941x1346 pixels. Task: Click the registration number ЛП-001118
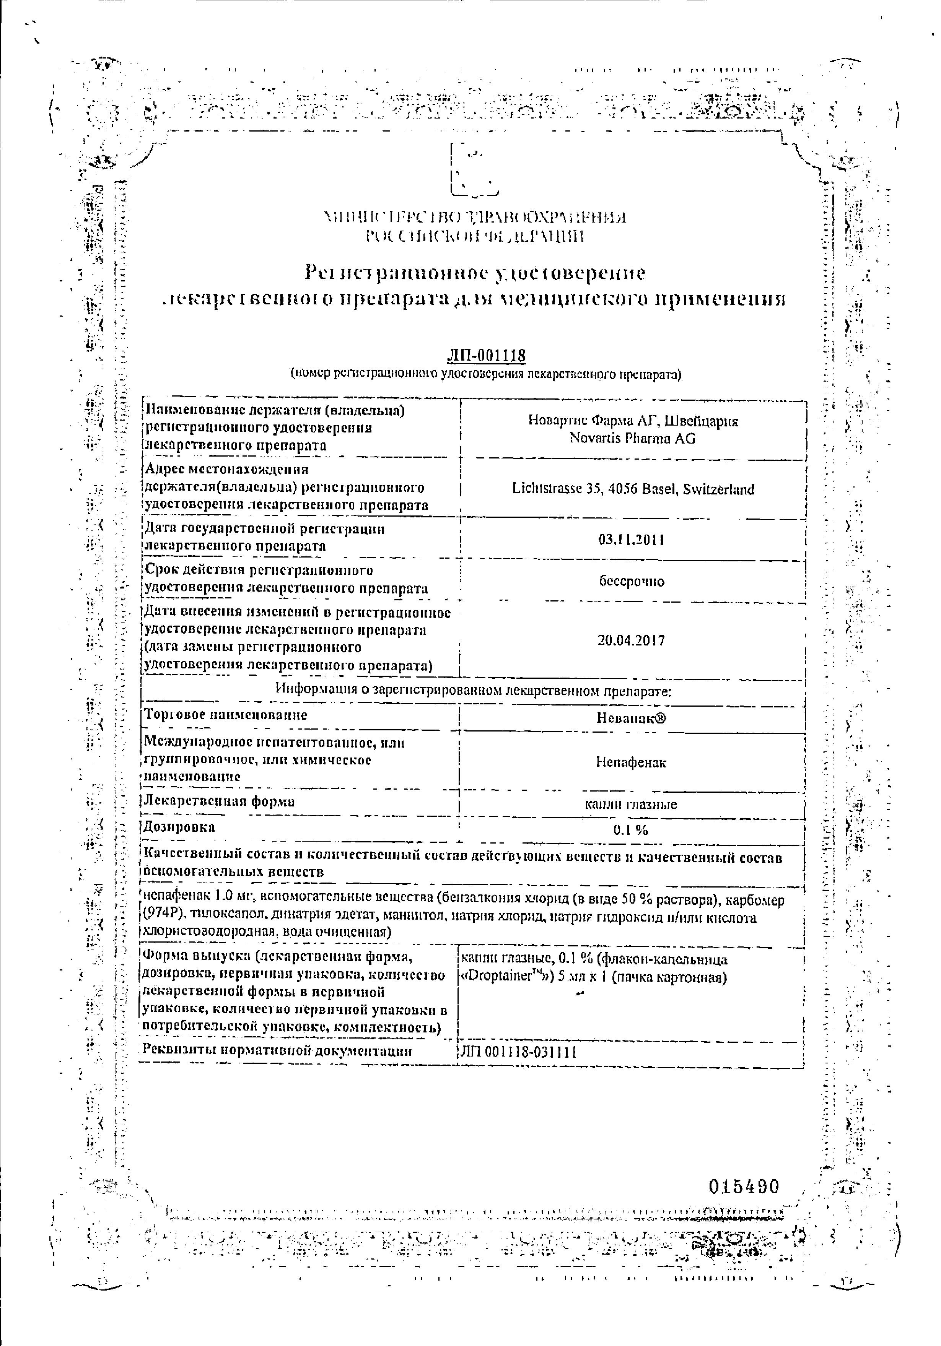[x=486, y=356]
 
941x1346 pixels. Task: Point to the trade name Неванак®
[x=632, y=718]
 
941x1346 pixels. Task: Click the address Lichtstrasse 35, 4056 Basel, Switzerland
[x=633, y=489]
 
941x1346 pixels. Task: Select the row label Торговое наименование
[x=226, y=715]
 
